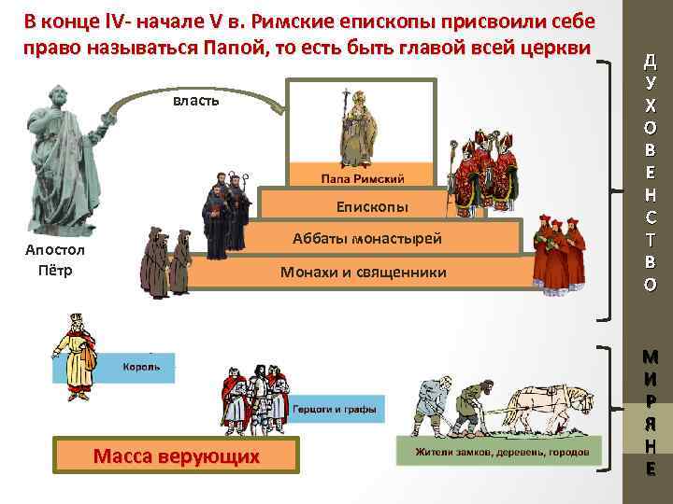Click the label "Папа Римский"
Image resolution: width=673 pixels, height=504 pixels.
pyautogui.click(x=364, y=177)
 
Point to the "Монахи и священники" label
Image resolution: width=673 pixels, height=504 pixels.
pyautogui.click(x=364, y=273)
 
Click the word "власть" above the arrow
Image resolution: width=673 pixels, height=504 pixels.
pyautogui.click(x=196, y=100)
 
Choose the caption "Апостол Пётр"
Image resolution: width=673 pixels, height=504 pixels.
pyautogui.click(x=55, y=260)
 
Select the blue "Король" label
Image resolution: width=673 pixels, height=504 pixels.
pyautogui.click(x=142, y=367)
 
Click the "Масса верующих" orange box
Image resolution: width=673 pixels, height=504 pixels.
pyautogui.click(x=177, y=456)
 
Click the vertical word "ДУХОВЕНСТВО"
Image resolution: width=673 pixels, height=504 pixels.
pyautogui.click(x=650, y=174)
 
